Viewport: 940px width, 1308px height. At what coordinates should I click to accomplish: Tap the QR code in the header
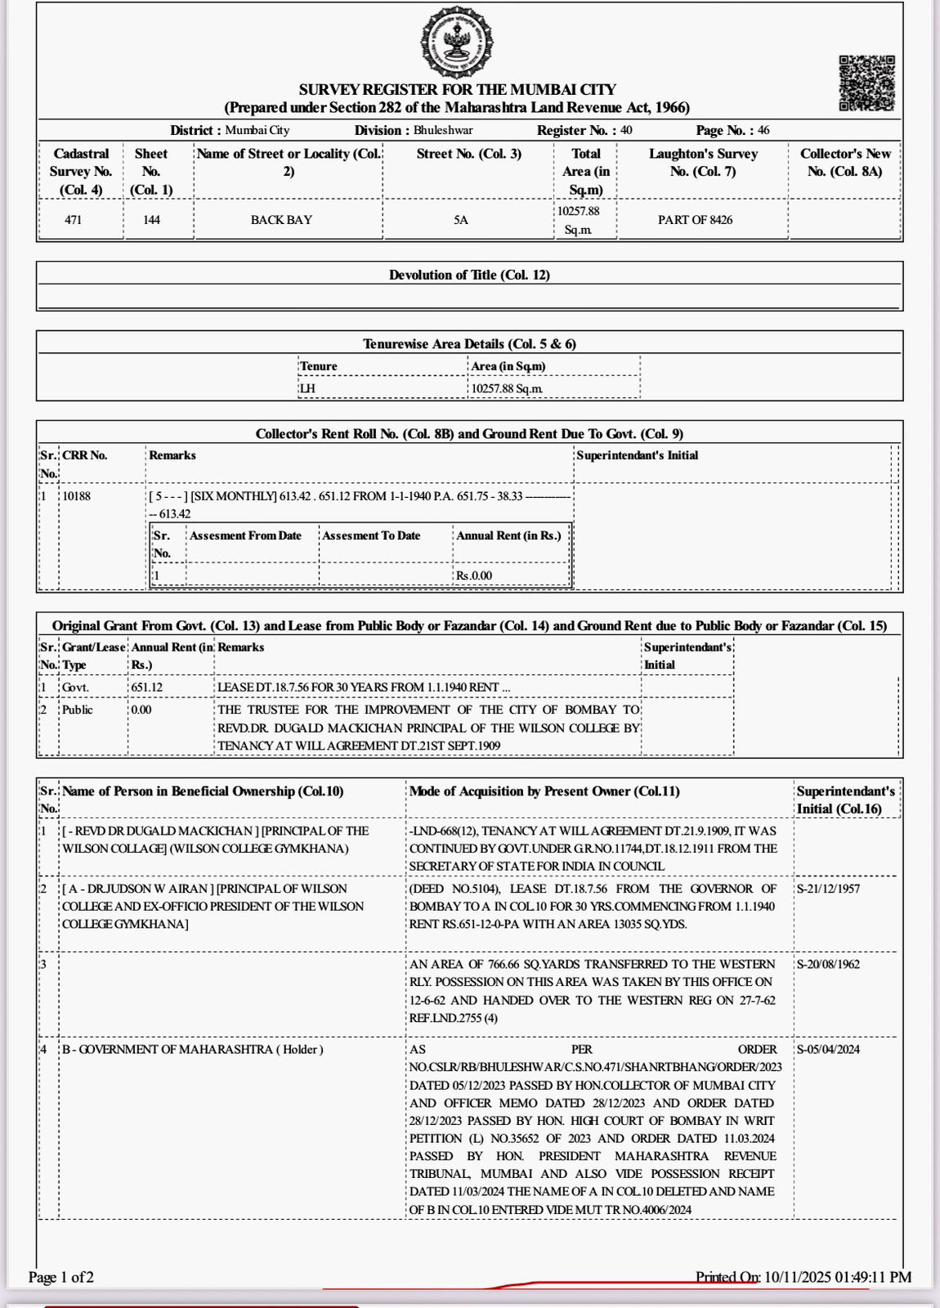pyautogui.click(x=866, y=83)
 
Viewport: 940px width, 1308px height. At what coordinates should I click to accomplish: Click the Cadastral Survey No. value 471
pyautogui.click(x=74, y=220)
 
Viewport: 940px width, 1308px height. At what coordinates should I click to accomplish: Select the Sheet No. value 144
pyautogui.click(x=151, y=220)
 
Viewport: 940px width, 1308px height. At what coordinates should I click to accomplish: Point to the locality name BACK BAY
pyautogui.click(x=281, y=220)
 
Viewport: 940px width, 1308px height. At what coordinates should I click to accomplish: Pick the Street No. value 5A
pyautogui.click(x=461, y=220)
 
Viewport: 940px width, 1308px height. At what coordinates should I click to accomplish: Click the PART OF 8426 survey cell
pyautogui.click(x=695, y=220)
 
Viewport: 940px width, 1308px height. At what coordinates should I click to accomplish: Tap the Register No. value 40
pyautogui.click(x=626, y=130)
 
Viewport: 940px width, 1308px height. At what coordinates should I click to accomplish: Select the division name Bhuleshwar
pyautogui.click(x=443, y=130)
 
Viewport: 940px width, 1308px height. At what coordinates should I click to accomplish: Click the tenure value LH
pyautogui.click(x=307, y=388)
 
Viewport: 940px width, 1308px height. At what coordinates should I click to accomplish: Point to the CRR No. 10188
pyautogui.click(x=77, y=495)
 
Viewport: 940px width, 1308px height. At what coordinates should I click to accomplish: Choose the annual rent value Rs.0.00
pyautogui.click(x=474, y=576)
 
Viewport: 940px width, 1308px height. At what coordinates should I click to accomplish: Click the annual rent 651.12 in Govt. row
pyautogui.click(x=147, y=688)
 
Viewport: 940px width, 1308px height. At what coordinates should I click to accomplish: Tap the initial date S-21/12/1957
pyautogui.click(x=828, y=889)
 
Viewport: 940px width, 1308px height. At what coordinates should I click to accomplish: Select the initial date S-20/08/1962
pyautogui.click(x=828, y=964)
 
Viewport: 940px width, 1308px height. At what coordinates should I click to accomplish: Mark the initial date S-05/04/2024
pyautogui.click(x=828, y=1049)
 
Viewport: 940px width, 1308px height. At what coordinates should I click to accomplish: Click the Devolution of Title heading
pyautogui.click(x=469, y=275)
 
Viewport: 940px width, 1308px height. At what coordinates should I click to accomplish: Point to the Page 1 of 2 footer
pyautogui.click(x=61, y=1277)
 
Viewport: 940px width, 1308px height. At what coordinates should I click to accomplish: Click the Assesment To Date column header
pyautogui.click(x=371, y=535)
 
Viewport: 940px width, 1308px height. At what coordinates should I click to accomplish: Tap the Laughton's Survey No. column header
pyautogui.click(x=703, y=162)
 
